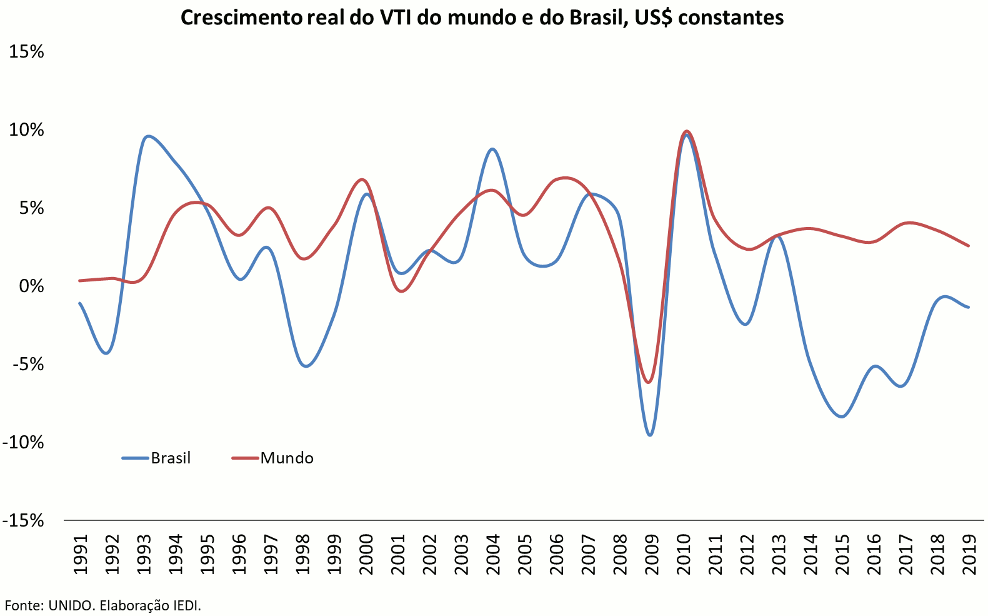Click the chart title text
482,18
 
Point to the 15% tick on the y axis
26,51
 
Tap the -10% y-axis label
24,442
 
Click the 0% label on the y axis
31,286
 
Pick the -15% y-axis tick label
24,520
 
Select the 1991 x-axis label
80,554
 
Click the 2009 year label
652,554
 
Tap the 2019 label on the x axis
969,554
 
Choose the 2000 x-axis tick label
366,554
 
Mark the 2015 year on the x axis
842,554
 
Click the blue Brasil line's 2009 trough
650,435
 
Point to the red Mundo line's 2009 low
649,382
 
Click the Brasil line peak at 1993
147,136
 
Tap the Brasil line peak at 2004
492,149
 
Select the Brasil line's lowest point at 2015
842,417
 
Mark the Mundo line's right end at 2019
969,246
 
